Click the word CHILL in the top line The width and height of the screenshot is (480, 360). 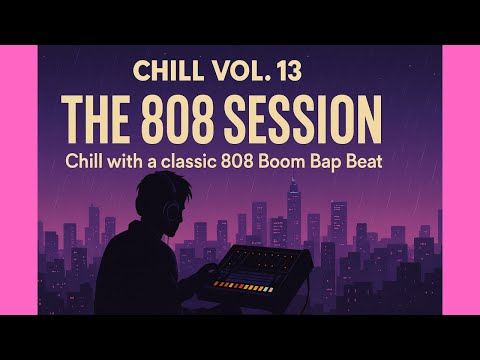click(161, 71)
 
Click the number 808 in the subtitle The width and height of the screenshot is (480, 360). click(263, 161)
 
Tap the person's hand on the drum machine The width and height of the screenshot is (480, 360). click(211, 263)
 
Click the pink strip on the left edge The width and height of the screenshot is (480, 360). click(20, 180)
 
